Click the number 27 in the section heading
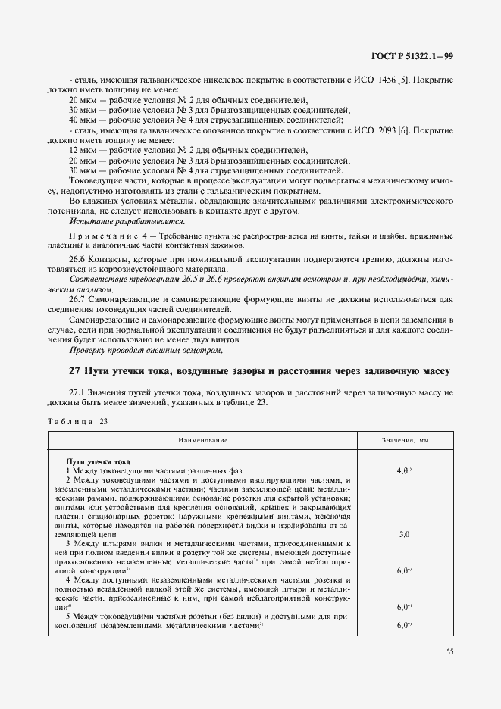[x=74, y=371]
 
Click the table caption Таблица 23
[x=78, y=421]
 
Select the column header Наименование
[x=203, y=440]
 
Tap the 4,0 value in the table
[x=403, y=470]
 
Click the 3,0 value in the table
[x=404, y=534]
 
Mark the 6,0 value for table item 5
[x=403, y=625]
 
